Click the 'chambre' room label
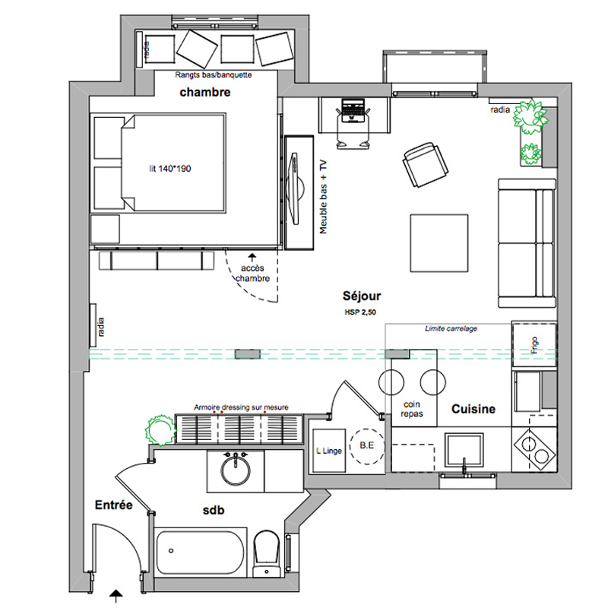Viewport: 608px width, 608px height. pos(204,93)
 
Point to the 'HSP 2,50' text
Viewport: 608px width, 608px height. pos(360,312)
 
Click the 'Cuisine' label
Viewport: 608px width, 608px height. pos(473,409)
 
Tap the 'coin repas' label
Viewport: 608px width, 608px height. pos(412,410)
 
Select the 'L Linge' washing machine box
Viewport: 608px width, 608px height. pos(328,451)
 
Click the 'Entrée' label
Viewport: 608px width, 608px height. pos(114,505)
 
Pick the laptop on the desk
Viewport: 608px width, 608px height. pos(352,112)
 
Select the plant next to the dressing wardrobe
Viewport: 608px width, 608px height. pos(160,428)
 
